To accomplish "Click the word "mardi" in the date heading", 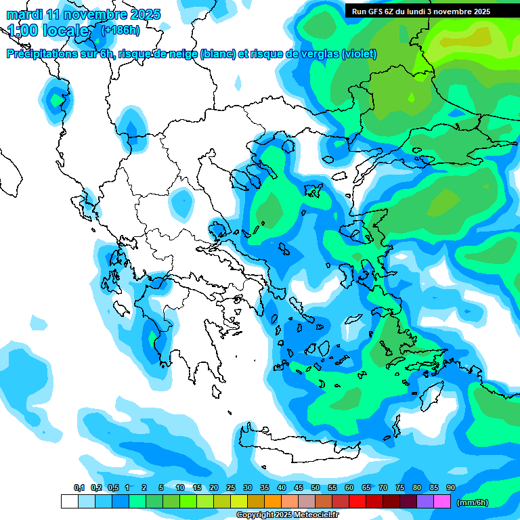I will pos(24,14).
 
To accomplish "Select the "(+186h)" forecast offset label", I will pos(121,30).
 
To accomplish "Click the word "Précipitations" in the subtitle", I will pos(41,54).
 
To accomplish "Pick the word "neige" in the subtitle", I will pos(181,54).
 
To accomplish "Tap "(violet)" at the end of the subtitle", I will pos(360,54).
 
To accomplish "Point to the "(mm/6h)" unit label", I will pos(473,502).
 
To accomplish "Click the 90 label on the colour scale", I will pos(451,487).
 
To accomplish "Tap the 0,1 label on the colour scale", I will pos(79,487).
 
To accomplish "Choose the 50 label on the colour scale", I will pos(316,487).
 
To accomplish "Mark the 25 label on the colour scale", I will pos(231,487).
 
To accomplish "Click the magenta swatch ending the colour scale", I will pos(442,501).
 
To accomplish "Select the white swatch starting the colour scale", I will pos(69,501).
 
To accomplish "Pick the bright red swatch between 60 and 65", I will pos(357,501).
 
